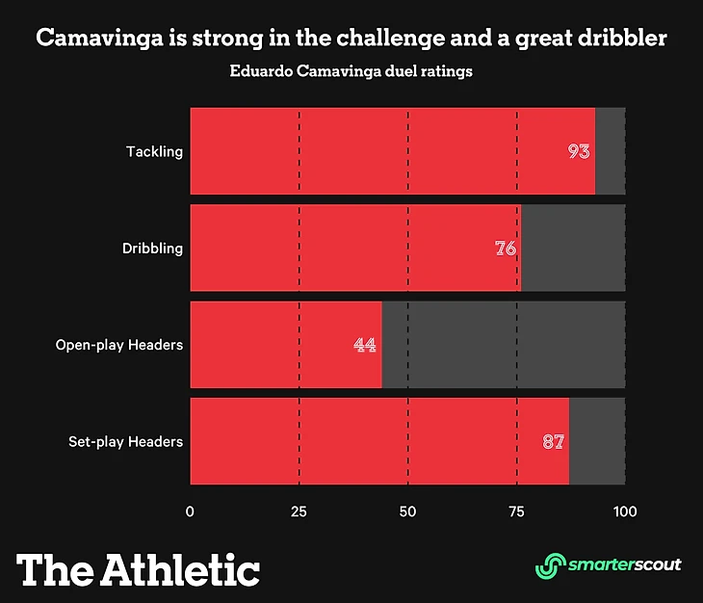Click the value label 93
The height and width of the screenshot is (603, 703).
[579, 152]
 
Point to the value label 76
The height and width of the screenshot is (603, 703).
[506, 249]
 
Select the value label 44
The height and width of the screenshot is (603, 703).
[365, 345]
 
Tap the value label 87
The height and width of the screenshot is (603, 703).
[553, 442]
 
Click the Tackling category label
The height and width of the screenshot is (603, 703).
[154, 152]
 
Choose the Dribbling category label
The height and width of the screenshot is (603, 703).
[152, 249]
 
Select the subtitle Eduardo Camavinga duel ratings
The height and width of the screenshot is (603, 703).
[351, 71]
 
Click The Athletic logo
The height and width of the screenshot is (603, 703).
[139, 568]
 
